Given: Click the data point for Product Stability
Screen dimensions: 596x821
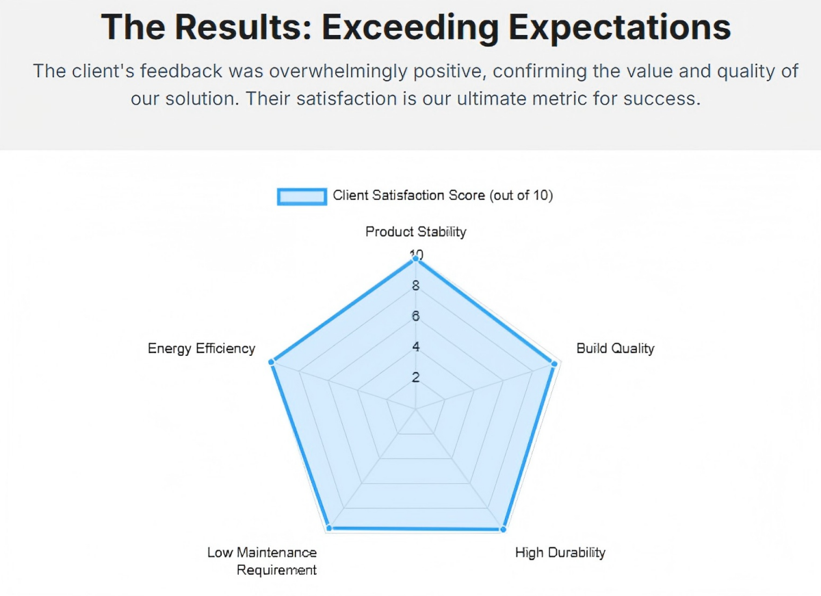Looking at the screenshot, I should coord(415,259).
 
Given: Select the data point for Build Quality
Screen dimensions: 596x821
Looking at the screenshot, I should coord(553,363).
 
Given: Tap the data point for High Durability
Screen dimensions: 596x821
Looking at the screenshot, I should coord(504,529).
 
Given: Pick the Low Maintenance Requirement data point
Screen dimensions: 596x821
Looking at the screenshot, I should coord(328,528).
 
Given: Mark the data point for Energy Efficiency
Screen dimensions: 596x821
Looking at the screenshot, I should coord(272,361).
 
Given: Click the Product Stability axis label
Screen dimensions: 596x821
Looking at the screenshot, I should coord(415,231).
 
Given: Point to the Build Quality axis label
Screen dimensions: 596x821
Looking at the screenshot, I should coord(615,348).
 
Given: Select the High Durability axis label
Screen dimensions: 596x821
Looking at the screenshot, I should coord(560,552).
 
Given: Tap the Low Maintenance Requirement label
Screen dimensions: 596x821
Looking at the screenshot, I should coord(262,561).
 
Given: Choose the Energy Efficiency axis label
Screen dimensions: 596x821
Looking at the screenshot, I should coord(201,348).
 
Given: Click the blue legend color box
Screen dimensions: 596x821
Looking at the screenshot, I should coord(301,196).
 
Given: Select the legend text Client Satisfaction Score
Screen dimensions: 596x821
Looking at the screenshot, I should coord(443,196).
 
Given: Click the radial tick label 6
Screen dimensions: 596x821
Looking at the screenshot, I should coord(415,317).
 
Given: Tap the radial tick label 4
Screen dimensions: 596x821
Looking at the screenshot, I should coord(415,347).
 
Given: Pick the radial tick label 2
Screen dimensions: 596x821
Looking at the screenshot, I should coord(415,377).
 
